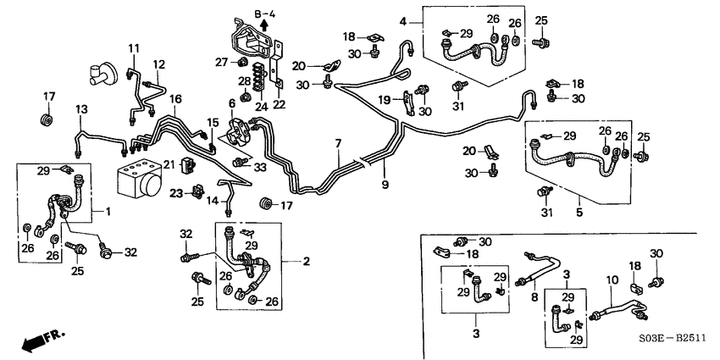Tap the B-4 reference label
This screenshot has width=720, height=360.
tap(265, 14)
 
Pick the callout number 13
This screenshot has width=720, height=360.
tap(81, 110)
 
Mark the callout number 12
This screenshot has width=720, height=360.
tap(158, 64)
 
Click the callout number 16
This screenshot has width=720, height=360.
tap(174, 100)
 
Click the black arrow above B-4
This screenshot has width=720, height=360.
tap(265, 25)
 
